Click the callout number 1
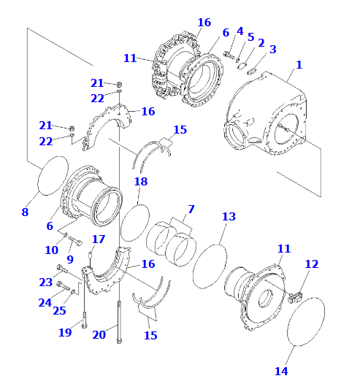point(299,65)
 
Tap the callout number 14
point(281,371)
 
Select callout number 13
point(229,217)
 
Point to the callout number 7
point(191,209)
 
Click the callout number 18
point(141,182)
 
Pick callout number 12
point(312,264)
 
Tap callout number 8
point(25,212)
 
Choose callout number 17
point(99,239)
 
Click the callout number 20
point(99,335)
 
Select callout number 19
point(65,332)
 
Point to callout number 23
point(46,283)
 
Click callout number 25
point(59,311)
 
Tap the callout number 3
point(273,49)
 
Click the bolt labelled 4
point(229,55)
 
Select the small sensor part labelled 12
point(295,297)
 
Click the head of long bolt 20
point(119,340)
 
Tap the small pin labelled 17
point(91,255)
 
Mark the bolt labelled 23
point(62,269)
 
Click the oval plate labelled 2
point(242,66)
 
